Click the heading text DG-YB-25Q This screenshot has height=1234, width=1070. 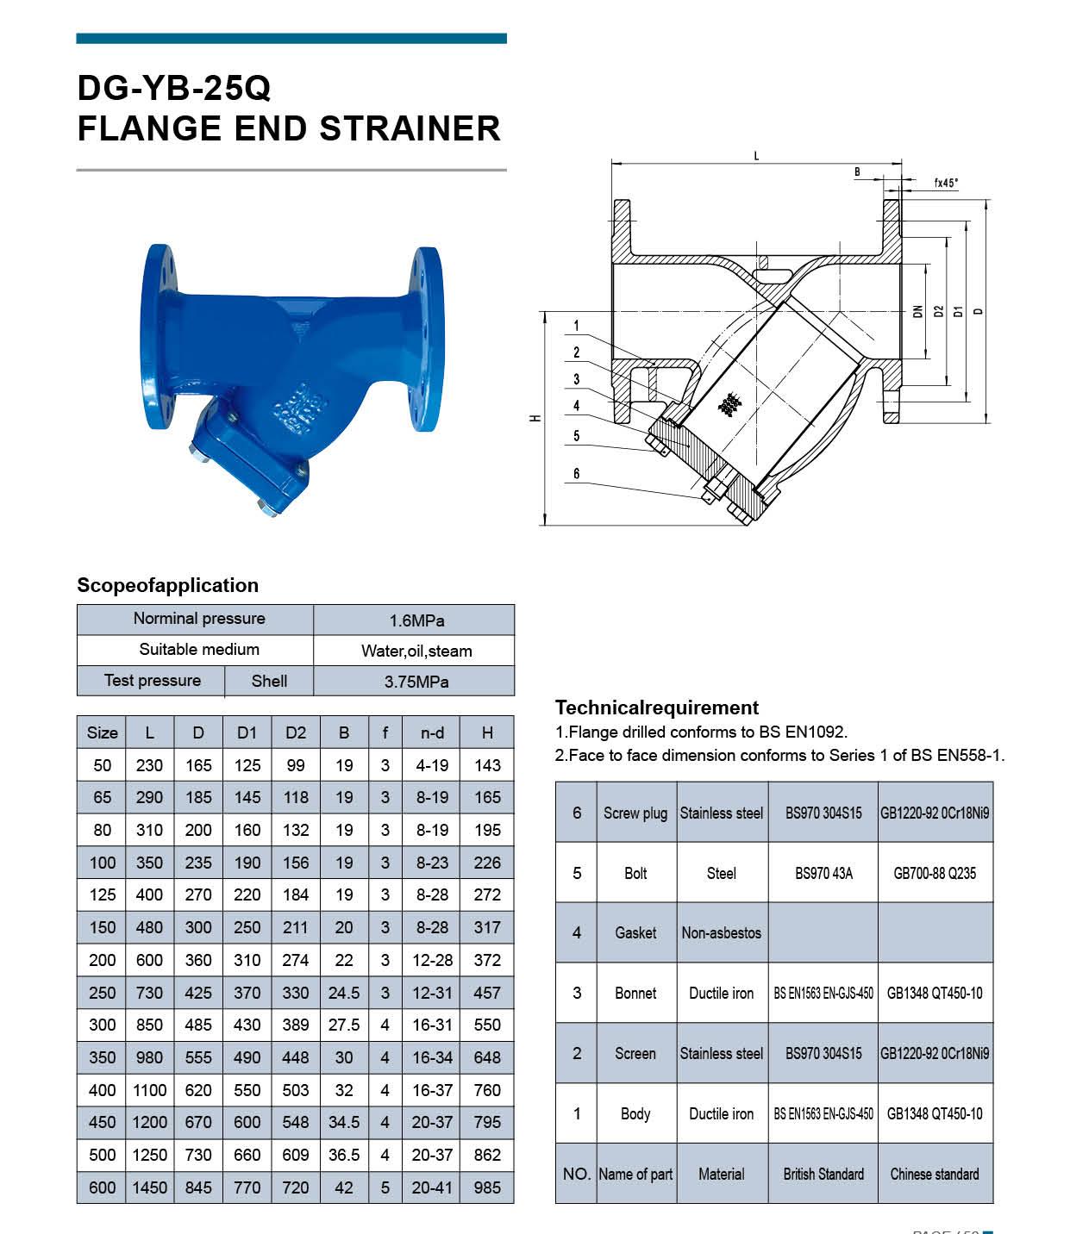[x=174, y=88]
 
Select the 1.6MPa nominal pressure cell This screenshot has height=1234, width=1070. [x=416, y=620]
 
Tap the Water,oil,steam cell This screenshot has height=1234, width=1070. [x=416, y=651]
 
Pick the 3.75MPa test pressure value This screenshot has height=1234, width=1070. [x=416, y=682]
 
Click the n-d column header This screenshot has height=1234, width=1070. [x=432, y=732]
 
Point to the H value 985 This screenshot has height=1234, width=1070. [x=487, y=1187]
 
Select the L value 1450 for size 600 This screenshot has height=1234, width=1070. [x=149, y=1187]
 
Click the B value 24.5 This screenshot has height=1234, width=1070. [x=343, y=993]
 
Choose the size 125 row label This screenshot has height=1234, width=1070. [x=102, y=894]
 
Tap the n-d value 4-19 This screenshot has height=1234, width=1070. [x=432, y=765]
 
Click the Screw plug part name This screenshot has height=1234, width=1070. [x=635, y=813]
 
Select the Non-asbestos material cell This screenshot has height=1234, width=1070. [x=722, y=932]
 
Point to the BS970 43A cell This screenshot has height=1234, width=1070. [x=823, y=873]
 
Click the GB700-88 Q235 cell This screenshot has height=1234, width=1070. [x=935, y=873]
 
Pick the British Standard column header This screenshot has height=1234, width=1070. [x=823, y=1174]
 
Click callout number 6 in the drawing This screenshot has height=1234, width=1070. [x=577, y=473]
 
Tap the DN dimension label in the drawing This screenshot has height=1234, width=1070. [x=918, y=311]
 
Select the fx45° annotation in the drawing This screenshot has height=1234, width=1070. [x=946, y=183]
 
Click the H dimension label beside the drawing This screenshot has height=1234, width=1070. [x=535, y=418]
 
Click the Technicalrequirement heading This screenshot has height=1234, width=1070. [x=657, y=707]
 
